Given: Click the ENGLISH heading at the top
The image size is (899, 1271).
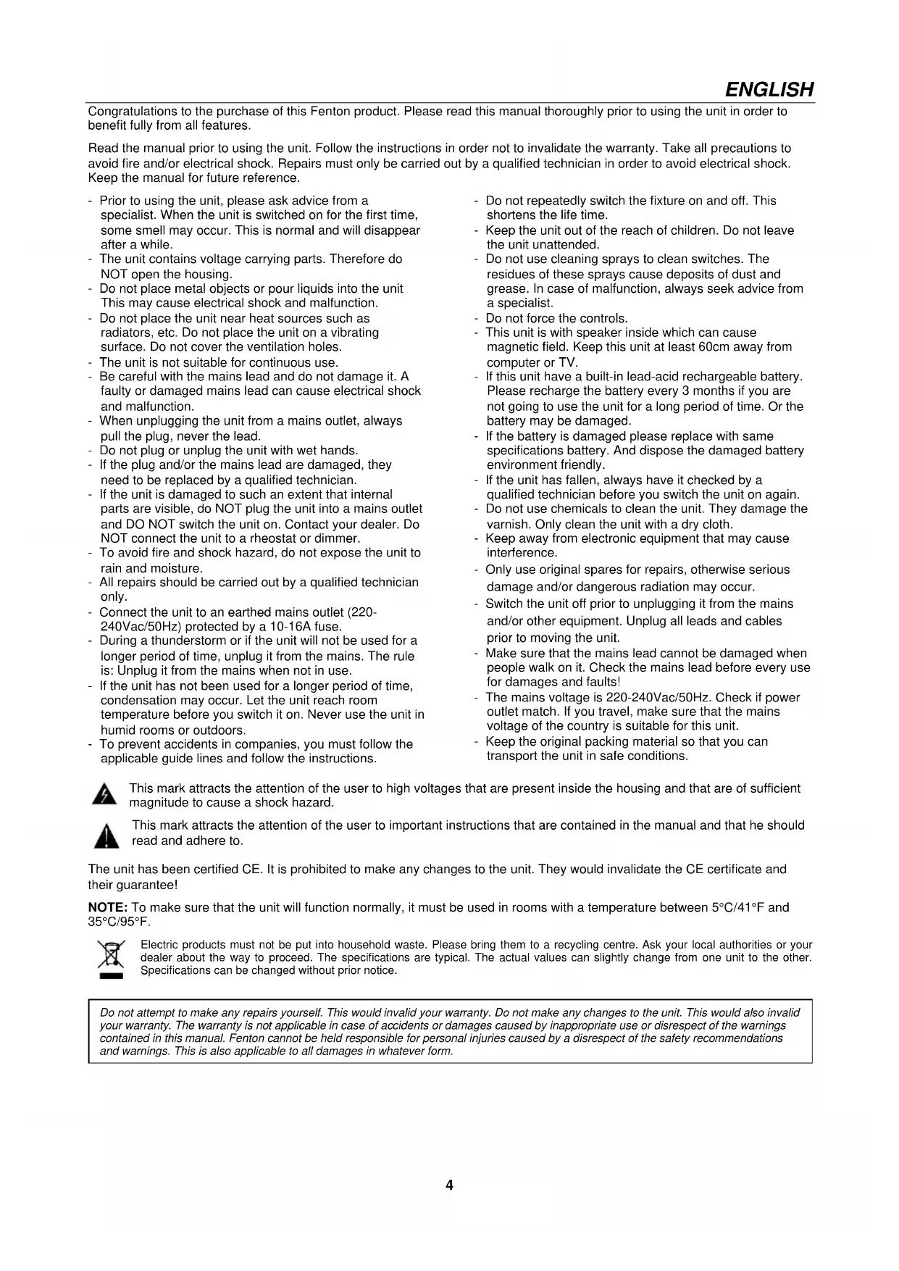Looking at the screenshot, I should pos(769,90).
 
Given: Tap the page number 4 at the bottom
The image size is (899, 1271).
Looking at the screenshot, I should pos(449,1185).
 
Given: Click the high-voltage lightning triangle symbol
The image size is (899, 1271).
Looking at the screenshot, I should pos(105,795).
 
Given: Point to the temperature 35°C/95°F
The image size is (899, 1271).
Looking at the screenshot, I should pos(119,922).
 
